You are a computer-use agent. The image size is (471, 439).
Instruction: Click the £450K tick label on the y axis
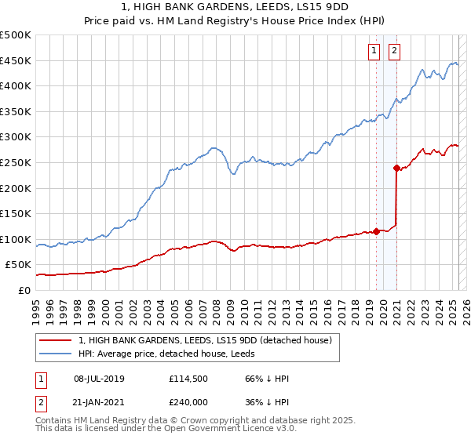click(15, 60)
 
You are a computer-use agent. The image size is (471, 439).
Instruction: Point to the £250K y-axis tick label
click(15, 162)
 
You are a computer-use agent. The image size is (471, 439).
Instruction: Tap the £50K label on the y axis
click(18, 265)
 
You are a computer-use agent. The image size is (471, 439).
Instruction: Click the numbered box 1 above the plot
click(374, 53)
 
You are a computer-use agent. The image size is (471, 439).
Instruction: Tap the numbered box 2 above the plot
click(394, 53)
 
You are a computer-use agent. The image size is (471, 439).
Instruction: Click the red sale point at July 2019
click(376, 231)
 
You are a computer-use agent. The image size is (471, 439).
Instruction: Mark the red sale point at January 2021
click(397, 167)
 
